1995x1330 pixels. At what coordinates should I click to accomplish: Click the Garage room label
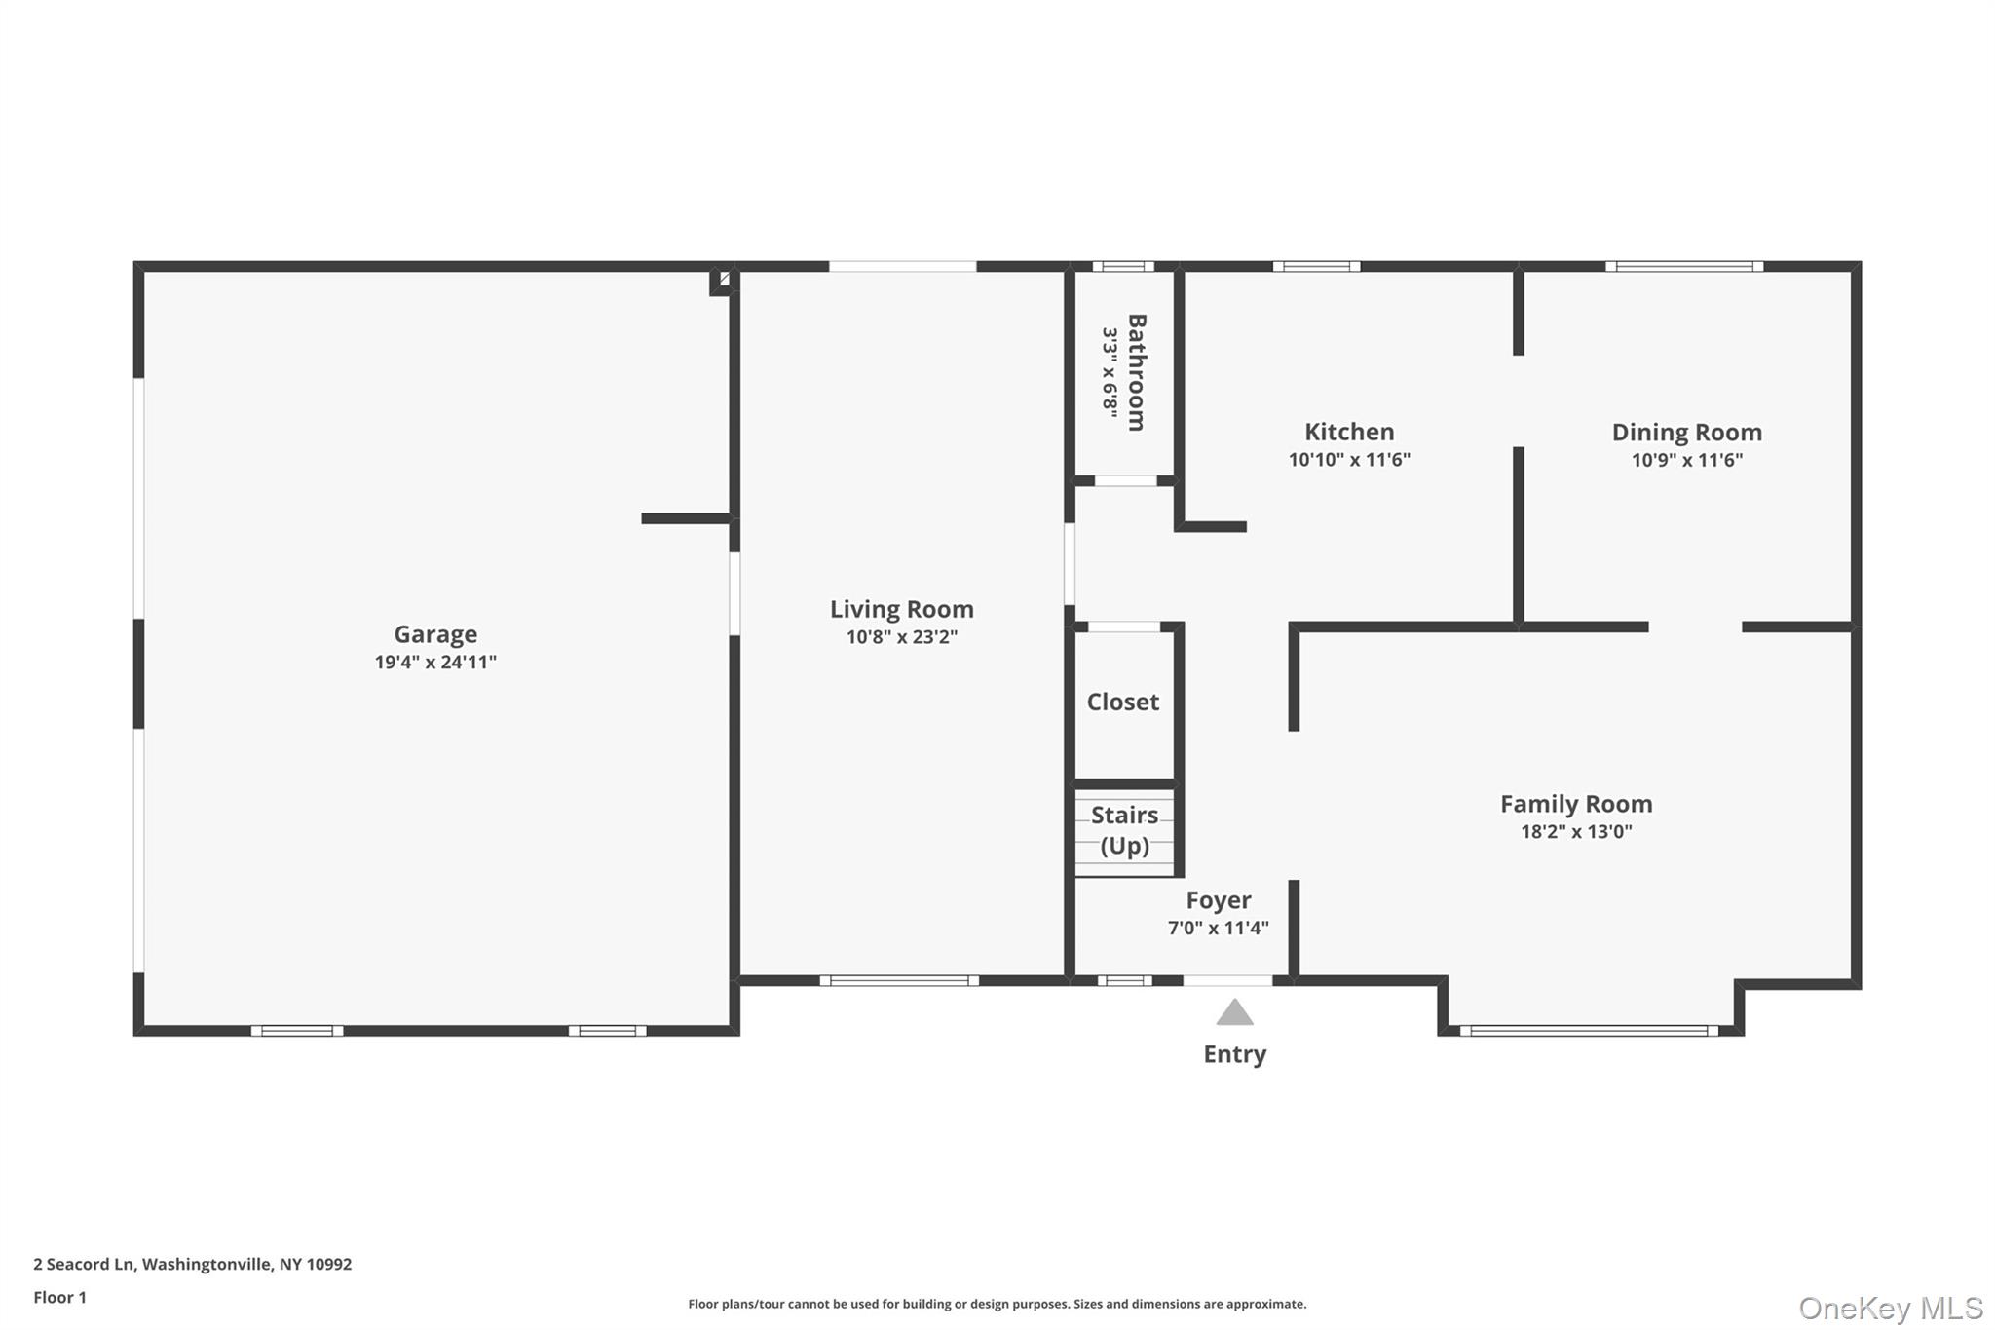[435, 634]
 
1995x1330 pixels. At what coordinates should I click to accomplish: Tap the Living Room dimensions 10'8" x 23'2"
[901, 637]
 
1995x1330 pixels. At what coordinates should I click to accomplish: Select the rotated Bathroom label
[1136, 372]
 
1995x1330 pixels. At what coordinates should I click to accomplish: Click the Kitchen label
[1349, 432]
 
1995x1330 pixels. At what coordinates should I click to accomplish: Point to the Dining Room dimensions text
[1686, 460]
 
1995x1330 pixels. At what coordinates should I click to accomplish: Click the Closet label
[1122, 702]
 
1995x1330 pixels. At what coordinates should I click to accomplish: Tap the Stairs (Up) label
[1124, 830]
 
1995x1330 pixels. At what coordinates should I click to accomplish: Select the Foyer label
[1218, 900]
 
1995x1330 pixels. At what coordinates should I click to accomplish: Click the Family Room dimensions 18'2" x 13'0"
[1576, 832]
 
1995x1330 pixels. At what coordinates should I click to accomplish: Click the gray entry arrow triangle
[1234, 1014]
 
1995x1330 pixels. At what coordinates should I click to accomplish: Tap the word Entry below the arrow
[1234, 1054]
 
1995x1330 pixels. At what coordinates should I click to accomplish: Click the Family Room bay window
[1588, 1030]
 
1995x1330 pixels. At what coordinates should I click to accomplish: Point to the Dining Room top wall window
[1683, 266]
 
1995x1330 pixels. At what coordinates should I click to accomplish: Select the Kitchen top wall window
[1316, 266]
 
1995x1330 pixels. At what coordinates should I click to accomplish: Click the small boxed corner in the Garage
[723, 280]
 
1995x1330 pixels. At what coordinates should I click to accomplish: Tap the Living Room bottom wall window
[898, 980]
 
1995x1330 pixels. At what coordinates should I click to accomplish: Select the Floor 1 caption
[59, 1297]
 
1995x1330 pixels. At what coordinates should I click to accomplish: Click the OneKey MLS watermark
[1890, 1308]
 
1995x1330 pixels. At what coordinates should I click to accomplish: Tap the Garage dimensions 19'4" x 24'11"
[435, 663]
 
